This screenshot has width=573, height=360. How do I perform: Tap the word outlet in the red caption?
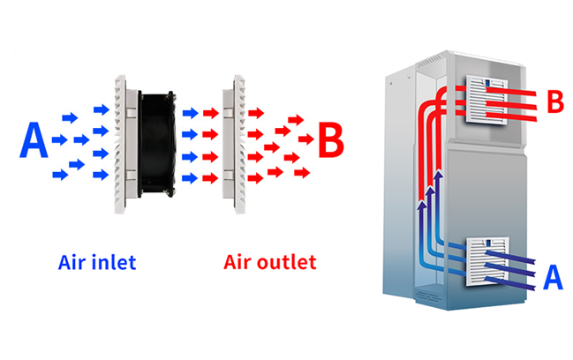pyautogui.click(x=288, y=262)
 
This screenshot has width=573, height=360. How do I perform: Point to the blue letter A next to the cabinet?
pyautogui.click(x=553, y=277)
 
